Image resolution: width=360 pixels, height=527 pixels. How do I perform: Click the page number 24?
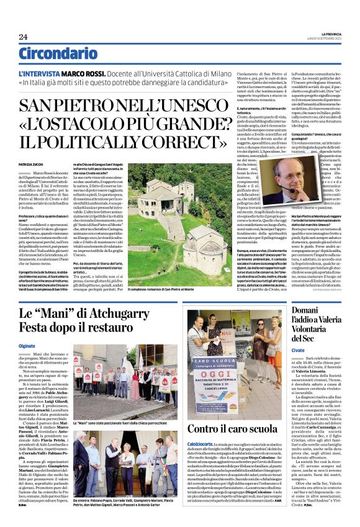(x=23, y=37)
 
